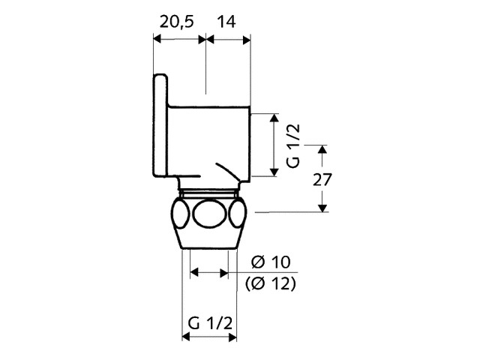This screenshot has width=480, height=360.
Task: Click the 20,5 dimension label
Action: click(x=177, y=22)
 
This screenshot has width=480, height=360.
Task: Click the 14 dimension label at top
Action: click(x=226, y=22)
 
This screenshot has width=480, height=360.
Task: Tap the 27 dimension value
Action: click(x=322, y=180)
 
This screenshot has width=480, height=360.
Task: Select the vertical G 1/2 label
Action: click(x=293, y=145)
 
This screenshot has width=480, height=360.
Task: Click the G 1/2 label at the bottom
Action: click(x=210, y=323)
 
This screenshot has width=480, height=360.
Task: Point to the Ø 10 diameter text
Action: click(x=271, y=262)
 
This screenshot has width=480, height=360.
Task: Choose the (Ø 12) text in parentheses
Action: click(x=271, y=284)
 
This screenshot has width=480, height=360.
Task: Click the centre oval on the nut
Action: click(x=210, y=214)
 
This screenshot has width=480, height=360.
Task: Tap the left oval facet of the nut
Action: click(x=181, y=213)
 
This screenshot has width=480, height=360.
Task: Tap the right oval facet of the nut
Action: click(x=238, y=213)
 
